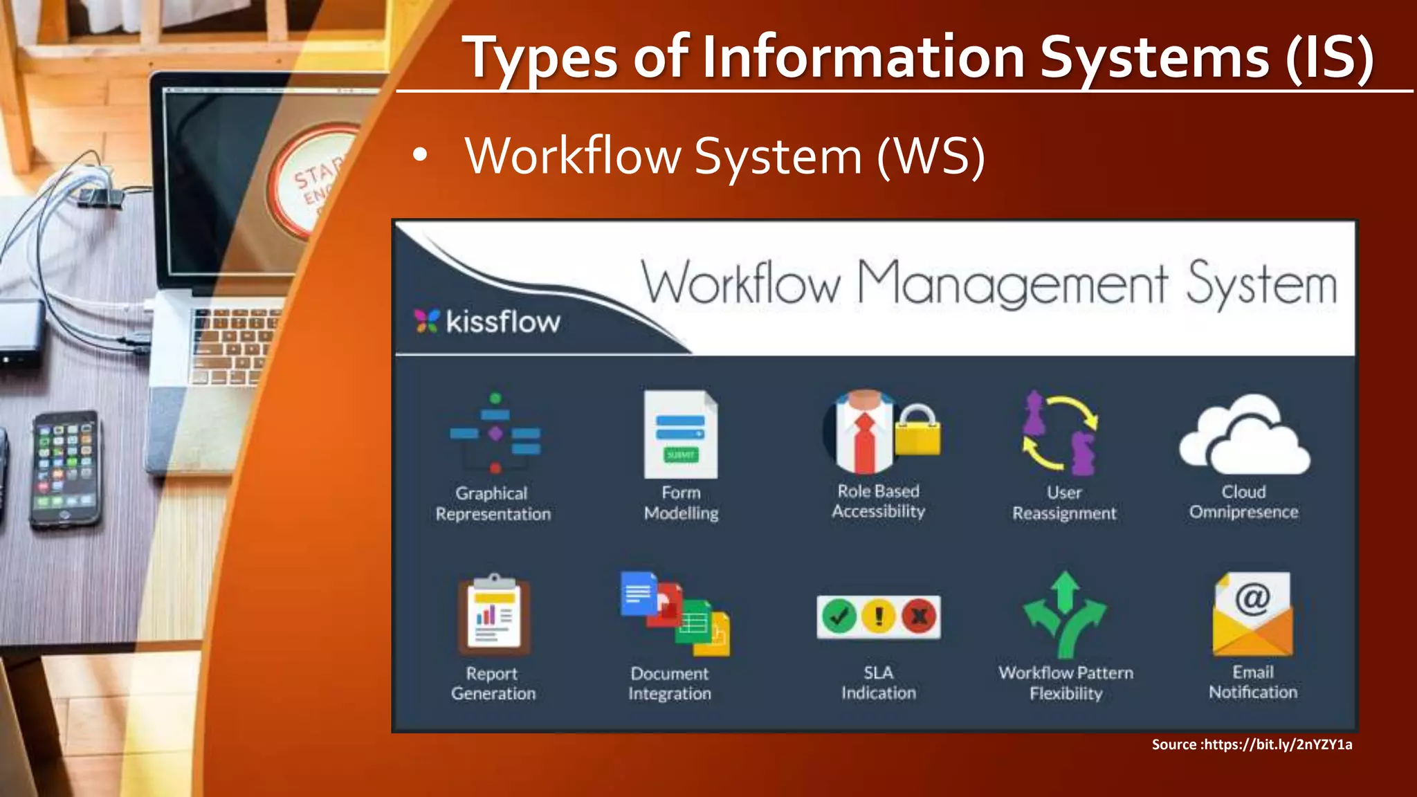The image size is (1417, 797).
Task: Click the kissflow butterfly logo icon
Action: click(x=427, y=321)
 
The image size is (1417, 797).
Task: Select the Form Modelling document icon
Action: click(x=681, y=434)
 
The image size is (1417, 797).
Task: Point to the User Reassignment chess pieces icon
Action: click(x=1060, y=433)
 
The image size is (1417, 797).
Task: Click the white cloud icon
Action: click(x=1244, y=434)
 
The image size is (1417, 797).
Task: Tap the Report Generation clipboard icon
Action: click(x=493, y=614)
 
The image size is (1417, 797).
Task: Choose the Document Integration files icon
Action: click(x=675, y=614)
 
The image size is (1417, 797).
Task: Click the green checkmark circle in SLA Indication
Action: click(x=839, y=616)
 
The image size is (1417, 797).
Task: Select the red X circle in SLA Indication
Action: click(x=919, y=616)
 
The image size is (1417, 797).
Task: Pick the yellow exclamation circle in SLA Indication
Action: click(x=879, y=616)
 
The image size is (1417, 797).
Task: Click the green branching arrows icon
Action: click(x=1066, y=614)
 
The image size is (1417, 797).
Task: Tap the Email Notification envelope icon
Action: click(x=1252, y=614)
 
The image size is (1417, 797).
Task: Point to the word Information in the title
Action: click(x=863, y=57)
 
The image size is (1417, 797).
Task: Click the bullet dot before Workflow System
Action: click(x=419, y=156)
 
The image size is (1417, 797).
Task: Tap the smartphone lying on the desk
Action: click(x=64, y=469)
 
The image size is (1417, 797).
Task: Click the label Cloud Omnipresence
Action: click(x=1243, y=502)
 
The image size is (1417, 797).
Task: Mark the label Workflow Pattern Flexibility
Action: click(x=1066, y=683)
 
